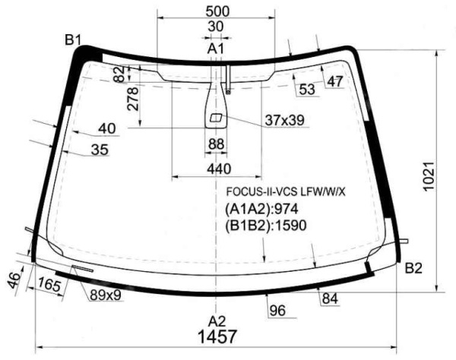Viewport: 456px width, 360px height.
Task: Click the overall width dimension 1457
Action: point(217,336)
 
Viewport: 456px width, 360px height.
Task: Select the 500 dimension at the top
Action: point(217,11)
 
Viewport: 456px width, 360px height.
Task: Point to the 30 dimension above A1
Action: point(216,27)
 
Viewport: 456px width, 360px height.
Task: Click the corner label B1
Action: point(73,39)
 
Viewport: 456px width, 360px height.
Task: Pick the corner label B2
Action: point(413,268)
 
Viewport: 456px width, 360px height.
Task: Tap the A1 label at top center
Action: point(216,49)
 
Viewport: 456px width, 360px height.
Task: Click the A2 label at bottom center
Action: point(217,321)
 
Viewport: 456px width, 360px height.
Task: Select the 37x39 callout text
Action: point(284,120)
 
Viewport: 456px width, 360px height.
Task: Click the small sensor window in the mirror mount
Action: point(216,118)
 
